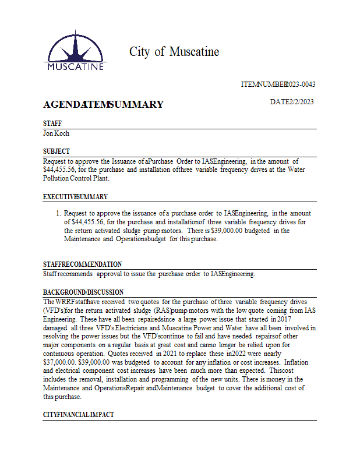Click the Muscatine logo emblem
[75, 51]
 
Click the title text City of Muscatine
[174, 52]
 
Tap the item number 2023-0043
[301, 84]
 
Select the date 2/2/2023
[301, 102]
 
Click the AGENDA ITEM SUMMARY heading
[103, 105]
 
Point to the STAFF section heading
[52, 123]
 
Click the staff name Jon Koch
[57, 133]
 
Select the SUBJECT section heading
[57, 151]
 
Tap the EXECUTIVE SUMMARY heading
[75, 197]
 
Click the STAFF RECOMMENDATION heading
[82, 264]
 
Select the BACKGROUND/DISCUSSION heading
[83, 292]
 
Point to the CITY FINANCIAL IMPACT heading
[78, 415]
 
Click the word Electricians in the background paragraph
[135, 328]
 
